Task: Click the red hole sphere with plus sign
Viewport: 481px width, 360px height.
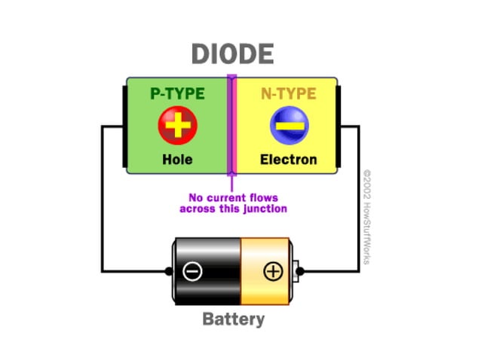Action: coord(177,125)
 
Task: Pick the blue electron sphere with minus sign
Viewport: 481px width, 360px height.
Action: coord(289,125)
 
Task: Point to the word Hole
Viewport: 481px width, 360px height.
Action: coord(177,160)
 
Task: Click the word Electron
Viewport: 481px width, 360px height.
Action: coord(289,160)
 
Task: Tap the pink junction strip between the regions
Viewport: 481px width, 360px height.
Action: coord(232,125)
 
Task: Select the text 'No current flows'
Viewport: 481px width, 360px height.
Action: coord(233,197)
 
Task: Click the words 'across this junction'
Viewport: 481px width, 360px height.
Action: coord(233,209)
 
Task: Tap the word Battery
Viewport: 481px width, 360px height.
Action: coord(234,319)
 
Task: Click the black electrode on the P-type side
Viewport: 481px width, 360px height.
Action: coord(124,125)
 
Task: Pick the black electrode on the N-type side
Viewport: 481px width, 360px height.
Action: coord(339,125)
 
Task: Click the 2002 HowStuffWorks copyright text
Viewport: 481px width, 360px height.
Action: coord(367,215)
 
